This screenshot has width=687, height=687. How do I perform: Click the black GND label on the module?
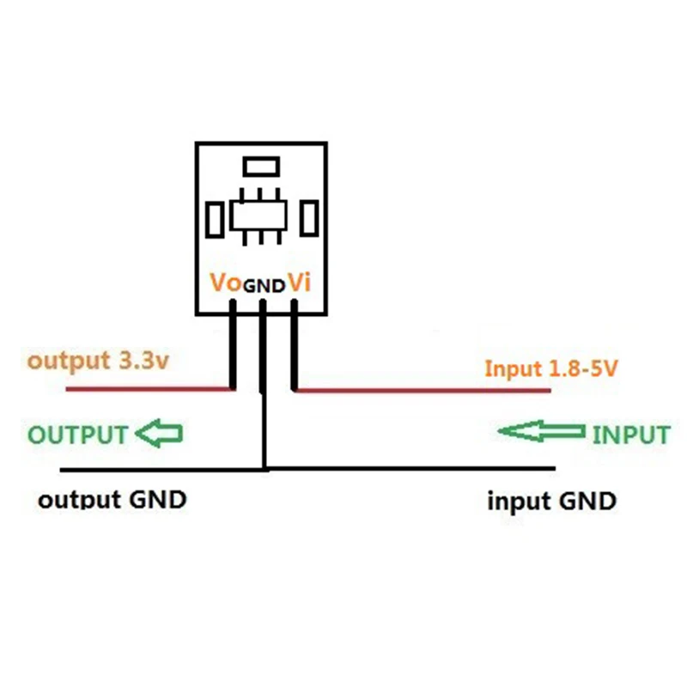pyautogui.click(x=264, y=286)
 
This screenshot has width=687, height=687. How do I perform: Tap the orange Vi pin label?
pyautogui.click(x=297, y=283)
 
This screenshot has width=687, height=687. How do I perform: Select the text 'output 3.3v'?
pyautogui.click(x=97, y=361)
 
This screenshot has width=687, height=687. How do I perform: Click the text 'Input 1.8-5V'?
pyautogui.click(x=551, y=369)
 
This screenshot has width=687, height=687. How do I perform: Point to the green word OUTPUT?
pyautogui.click(x=78, y=435)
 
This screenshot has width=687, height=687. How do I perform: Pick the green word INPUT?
pyautogui.click(x=630, y=435)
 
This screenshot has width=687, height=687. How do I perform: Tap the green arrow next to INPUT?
pyautogui.click(x=542, y=431)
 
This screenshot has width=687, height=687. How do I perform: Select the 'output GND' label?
pyautogui.click(x=112, y=500)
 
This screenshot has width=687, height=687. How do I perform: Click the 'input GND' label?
pyautogui.click(x=551, y=501)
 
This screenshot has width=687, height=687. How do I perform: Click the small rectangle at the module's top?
pyautogui.click(x=260, y=165)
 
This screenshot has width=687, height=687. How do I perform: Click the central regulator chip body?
pyautogui.click(x=261, y=214)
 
